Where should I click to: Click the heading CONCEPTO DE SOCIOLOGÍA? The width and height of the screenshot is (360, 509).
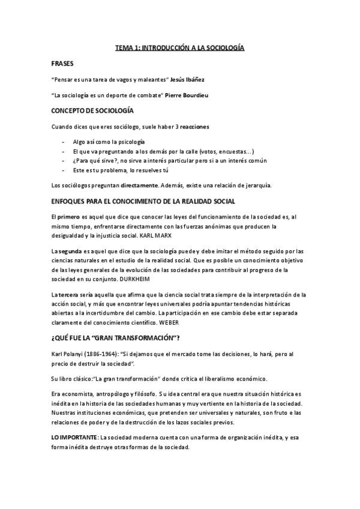tap(92, 111)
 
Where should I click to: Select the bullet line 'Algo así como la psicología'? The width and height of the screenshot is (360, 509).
tap(109, 142)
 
